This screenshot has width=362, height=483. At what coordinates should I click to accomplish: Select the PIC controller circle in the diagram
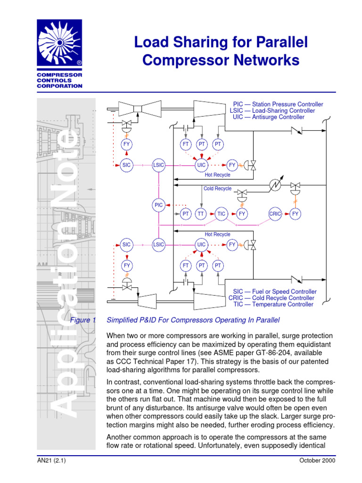[x=159, y=205]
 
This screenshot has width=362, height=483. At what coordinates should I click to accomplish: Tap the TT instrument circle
[x=201, y=214]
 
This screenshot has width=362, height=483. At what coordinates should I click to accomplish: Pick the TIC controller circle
[x=222, y=214]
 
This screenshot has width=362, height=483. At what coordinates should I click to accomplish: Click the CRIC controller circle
[x=275, y=214]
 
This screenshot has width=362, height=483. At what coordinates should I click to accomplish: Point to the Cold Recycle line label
[x=217, y=189]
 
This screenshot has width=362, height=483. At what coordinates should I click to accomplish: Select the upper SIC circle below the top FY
[x=126, y=165]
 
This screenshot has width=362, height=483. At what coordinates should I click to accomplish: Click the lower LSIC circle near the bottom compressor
[x=159, y=244]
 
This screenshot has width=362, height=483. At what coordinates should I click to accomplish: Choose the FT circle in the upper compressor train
[x=185, y=144]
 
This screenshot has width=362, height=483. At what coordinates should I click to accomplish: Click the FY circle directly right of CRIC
[x=296, y=214]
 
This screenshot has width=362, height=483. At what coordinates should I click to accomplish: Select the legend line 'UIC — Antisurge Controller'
[x=269, y=117]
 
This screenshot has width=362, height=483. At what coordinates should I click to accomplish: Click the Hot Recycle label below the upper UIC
[x=217, y=175]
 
